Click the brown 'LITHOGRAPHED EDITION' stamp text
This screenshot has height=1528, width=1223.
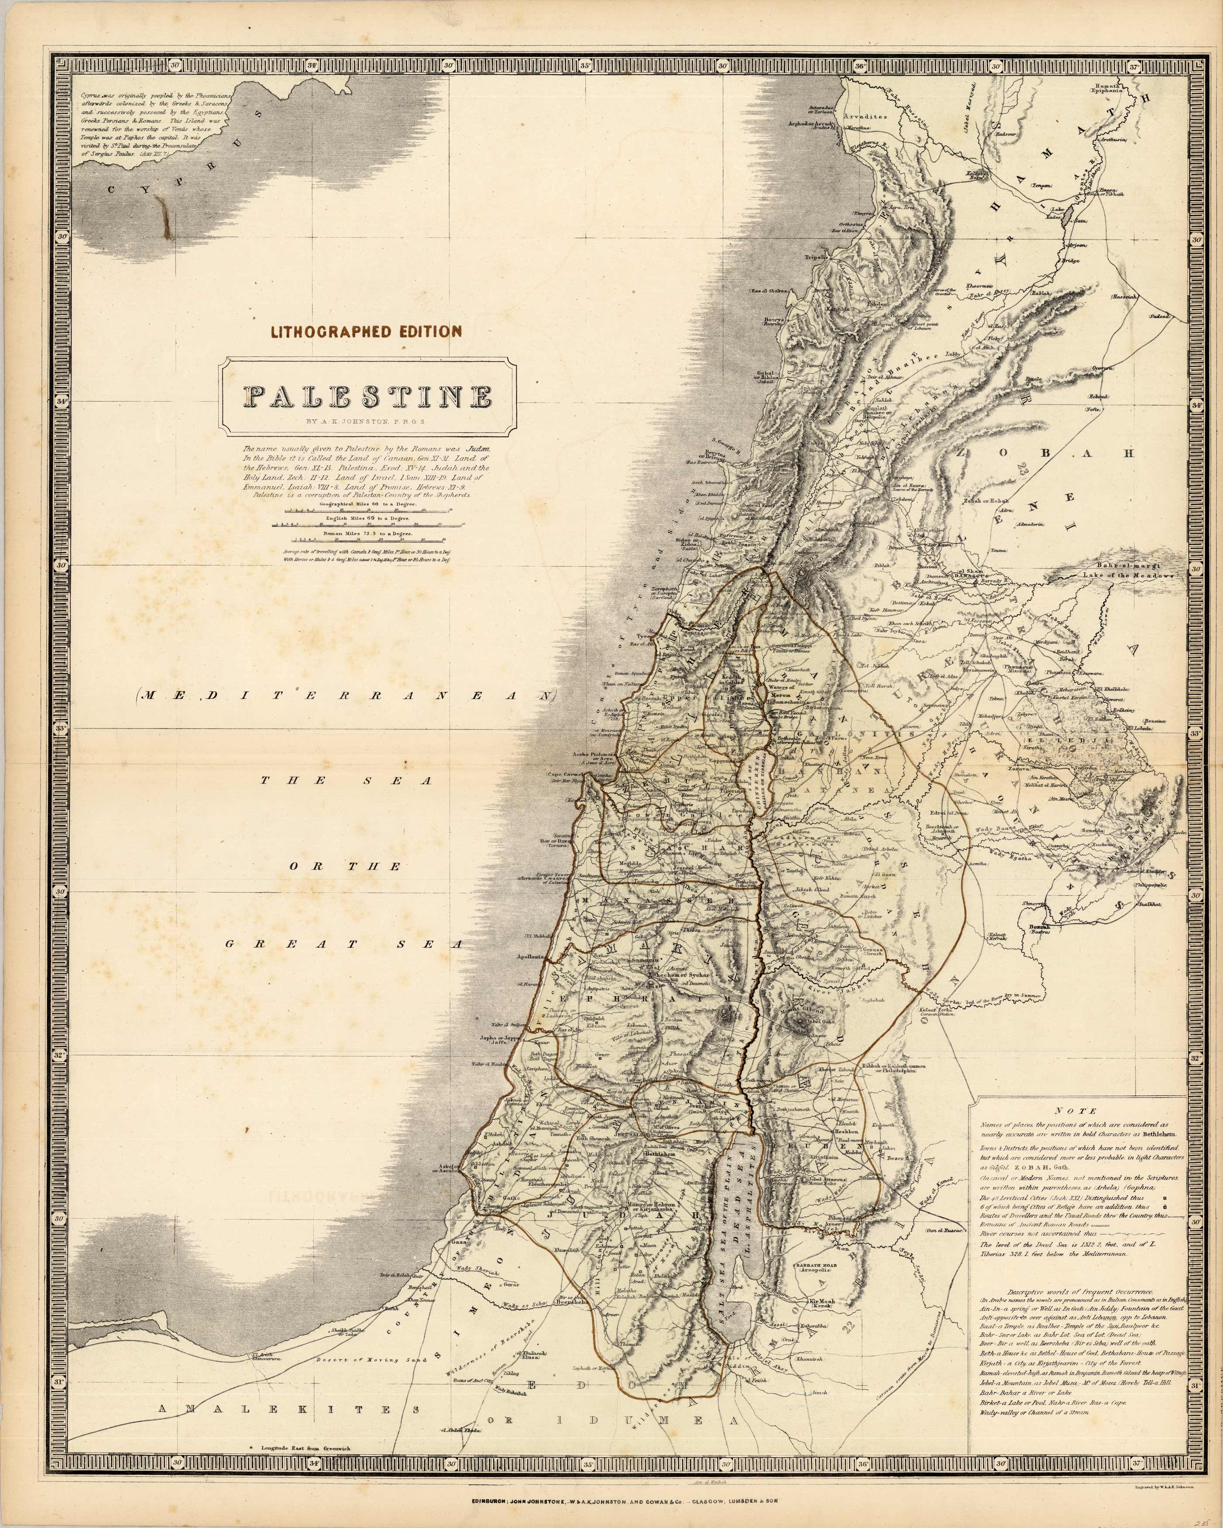coord(366,331)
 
